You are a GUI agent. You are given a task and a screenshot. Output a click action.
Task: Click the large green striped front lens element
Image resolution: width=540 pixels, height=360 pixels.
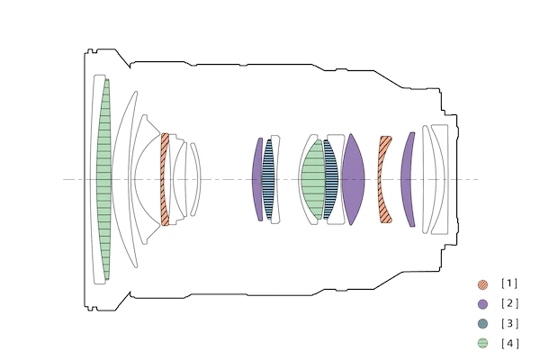click(103, 179)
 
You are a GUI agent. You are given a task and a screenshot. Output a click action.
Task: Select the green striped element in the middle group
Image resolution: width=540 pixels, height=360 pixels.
click(313, 179)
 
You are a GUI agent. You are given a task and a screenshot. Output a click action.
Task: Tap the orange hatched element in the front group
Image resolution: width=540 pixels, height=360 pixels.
click(165, 179)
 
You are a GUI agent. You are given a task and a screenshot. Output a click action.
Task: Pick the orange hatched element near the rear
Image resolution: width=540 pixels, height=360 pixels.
click(383, 179)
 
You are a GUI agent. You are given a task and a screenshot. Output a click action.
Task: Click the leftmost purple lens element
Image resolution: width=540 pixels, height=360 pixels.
click(256, 179)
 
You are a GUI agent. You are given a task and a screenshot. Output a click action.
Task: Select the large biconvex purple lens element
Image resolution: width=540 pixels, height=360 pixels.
click(353, 179)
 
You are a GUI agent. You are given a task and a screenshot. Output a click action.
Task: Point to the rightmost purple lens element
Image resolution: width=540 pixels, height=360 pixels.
click(407, 179)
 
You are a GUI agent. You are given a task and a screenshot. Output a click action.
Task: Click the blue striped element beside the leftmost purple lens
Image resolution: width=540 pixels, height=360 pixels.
click(268, 179)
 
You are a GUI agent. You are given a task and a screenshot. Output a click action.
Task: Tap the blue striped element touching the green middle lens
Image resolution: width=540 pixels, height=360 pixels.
click(330, 179)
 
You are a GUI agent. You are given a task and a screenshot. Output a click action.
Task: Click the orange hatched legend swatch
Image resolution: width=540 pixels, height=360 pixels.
click(482, 284)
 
